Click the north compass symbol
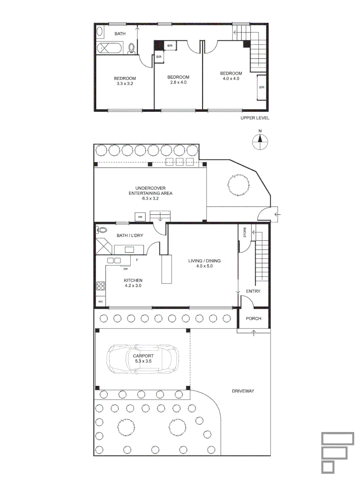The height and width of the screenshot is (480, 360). coord(260,141)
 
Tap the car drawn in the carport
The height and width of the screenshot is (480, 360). coord(143,359)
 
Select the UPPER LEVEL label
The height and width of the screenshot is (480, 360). coord(255,118)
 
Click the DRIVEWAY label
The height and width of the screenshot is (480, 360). coord(243,391)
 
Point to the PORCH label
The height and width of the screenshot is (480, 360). coord(253,319)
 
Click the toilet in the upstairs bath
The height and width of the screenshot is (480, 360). coord(132,48)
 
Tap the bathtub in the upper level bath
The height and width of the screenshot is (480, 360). coord(112,48)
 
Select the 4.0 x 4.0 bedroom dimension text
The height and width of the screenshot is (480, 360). coord(231,79)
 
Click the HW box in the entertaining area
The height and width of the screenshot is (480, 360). coord(140,217)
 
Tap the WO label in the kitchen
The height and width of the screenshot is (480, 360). coord(100,302)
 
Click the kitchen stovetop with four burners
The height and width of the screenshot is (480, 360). coord(101,287)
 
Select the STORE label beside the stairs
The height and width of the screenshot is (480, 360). coord(244,232)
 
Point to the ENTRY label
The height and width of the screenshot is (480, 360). coord(253,292)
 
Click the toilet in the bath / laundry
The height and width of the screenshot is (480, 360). coord(102,230)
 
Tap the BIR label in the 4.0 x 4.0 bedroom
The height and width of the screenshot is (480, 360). coord(261,88)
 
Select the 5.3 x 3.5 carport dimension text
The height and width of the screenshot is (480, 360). coord(143,362)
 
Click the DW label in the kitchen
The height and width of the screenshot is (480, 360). coord(126,269)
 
